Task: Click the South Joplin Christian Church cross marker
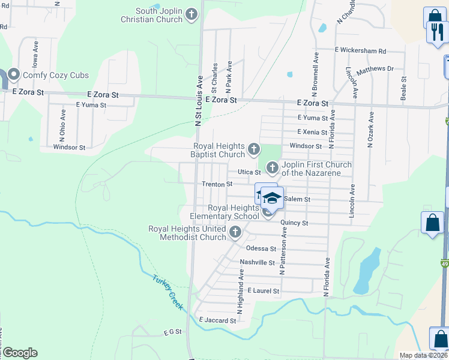191,14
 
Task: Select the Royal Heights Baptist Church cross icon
254,149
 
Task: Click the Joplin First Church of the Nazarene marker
272,167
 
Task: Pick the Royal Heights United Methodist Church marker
235,232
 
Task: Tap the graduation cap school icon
271,198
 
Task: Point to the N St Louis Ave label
197,101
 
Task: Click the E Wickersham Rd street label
360,51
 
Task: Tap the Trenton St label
217,184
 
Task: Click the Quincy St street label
293,223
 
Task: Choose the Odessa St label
261,248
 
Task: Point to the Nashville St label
256,262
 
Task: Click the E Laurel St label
263,291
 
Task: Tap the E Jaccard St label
217,320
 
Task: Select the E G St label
172,332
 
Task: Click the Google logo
20,353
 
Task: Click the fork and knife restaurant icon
435,31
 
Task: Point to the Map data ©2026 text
423,355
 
